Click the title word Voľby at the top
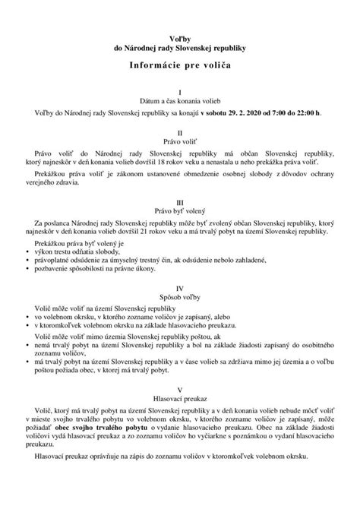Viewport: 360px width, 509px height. [x=179, y=37]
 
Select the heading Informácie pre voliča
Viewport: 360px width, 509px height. [x=179, y=67]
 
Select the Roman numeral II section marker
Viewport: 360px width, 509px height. [x=179, y=132]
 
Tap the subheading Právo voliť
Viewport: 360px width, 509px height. [x=179, y=141]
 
